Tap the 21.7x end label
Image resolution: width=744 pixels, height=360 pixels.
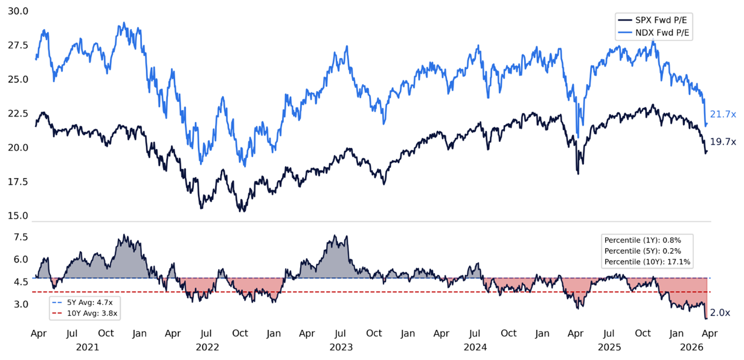pyautogui.click(x=723, y=114)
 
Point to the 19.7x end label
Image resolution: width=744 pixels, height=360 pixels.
pyautogui.click(x=723, y=142)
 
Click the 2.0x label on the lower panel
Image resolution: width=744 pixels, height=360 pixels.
pyautogui.click(x=720, y=313)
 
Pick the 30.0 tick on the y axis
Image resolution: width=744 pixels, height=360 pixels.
pyautogui.click(x=19, y=11)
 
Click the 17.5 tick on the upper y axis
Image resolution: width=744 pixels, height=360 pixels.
pyautogui.click(x=19, y=182)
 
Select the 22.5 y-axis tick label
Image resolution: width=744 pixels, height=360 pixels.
pyautogui.click(x=19, y=113)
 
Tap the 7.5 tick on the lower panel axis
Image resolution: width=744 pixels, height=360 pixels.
pyautogui.click(x=21, y=237)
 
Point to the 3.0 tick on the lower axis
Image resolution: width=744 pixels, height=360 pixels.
pyautogui.click(x=21, y=304)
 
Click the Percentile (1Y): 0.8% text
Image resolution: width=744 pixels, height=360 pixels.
pyautogui.click(x=643, y=240)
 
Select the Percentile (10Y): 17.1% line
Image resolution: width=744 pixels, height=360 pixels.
pyautogui.click(x=647, y=262)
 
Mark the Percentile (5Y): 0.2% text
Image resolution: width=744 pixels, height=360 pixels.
pyautogui.click(x=643, y=251)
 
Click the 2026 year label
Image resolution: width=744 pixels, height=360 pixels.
pyautogui.click(x=692, y=346)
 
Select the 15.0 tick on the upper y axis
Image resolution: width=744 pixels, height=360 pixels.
pyautogui.click(x=19, y=215)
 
